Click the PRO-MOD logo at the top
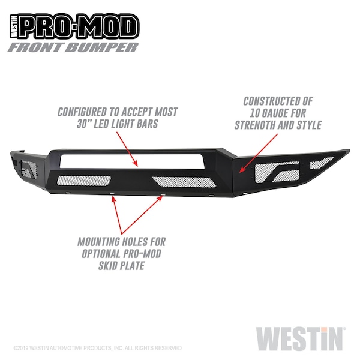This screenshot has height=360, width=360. coord(74,26)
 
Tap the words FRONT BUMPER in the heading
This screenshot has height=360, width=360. coord(73,47)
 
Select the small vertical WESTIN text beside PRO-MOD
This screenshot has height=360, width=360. coord(14,26)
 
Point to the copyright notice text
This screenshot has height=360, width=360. coord(97,348)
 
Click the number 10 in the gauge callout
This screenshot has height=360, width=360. coord(254,113)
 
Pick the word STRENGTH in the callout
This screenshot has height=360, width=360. coord(254,125)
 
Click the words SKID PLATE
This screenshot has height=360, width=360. coord(121,266)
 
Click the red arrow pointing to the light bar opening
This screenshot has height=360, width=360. coord(127,149)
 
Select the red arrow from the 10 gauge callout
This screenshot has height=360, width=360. coord(258,153)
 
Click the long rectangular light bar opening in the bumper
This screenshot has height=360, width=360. coord(132,161)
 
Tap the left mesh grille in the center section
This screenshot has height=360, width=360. coord(84,181)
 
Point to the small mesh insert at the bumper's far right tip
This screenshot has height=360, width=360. coord(321,163)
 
